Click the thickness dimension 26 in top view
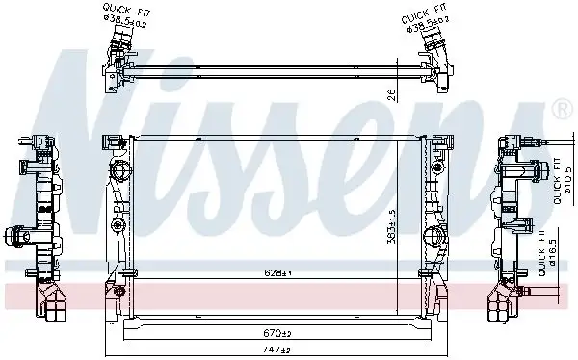tap(390, 94)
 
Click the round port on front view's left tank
tap(120, 174)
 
